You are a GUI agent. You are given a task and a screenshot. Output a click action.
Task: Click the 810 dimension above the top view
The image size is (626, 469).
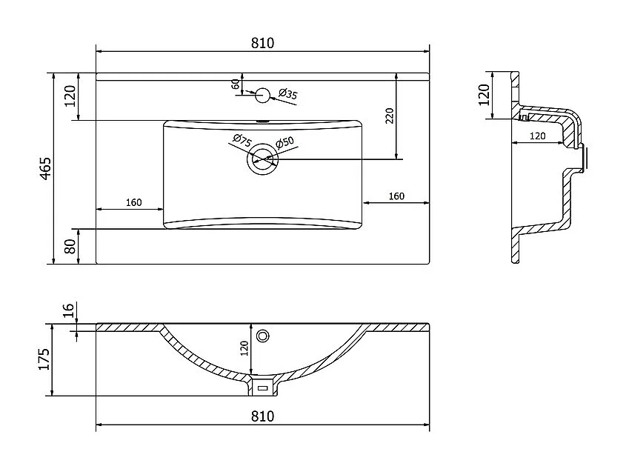point(263,43)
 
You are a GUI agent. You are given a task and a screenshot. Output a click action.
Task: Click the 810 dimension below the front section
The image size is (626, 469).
point(263,416)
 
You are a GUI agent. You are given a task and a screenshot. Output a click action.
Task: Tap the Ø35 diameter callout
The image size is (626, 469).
point(288,94)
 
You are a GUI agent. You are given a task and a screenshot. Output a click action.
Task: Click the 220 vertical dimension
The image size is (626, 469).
point(390,115)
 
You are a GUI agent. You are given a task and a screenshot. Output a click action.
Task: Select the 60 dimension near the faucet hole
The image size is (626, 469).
point(236,84)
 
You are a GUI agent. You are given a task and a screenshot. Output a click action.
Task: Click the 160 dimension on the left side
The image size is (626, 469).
point(133,202)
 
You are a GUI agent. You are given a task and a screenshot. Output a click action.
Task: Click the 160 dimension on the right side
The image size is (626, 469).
point(396,196)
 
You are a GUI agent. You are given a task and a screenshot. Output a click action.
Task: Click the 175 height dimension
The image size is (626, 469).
point(44,360)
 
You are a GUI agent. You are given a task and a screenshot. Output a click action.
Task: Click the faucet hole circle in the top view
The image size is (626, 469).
point(262,95)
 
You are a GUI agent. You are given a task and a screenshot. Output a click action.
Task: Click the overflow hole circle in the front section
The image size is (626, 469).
point(262,336)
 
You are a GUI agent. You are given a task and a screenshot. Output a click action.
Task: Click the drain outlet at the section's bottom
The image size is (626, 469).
point(262,387)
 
